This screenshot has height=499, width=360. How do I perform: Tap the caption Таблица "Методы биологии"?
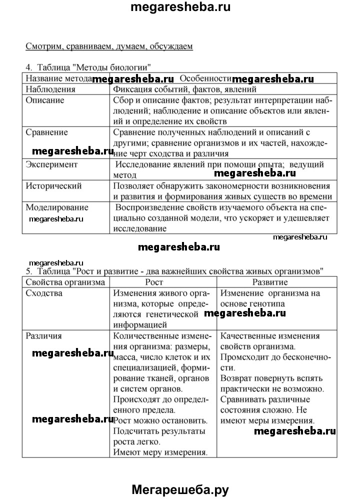[x=88, y=67]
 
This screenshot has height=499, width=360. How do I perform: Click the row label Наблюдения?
[x=50, y=89]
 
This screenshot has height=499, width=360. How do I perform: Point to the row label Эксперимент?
[x=51, y=164]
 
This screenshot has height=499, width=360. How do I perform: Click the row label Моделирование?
[x=57, y=207]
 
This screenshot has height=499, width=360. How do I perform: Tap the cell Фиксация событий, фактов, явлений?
[x=184, y=89]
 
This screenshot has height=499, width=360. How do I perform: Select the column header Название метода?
[x=59, y=78]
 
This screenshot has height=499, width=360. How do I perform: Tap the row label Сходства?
[x=44, y=293]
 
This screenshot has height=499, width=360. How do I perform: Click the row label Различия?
[x=44, y=336]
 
